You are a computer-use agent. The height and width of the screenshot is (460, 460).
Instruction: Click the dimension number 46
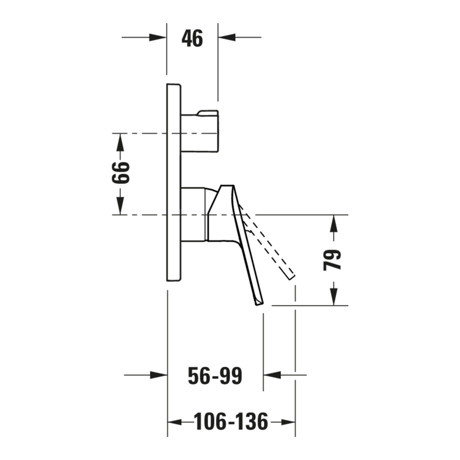(192, 39)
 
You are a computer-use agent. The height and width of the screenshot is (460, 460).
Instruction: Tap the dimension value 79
(332, 260)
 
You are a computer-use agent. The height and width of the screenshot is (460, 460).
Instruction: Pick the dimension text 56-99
(215, 376)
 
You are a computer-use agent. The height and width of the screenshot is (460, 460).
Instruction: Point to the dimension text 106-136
(231, 422)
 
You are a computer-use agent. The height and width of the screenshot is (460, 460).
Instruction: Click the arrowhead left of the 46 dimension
(158, 37)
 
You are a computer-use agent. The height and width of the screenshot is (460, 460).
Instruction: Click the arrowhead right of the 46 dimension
(227, 37)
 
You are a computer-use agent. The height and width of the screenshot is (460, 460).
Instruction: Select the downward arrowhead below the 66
(120, 206)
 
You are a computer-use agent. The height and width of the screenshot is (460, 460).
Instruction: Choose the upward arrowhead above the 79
(334, 224)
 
